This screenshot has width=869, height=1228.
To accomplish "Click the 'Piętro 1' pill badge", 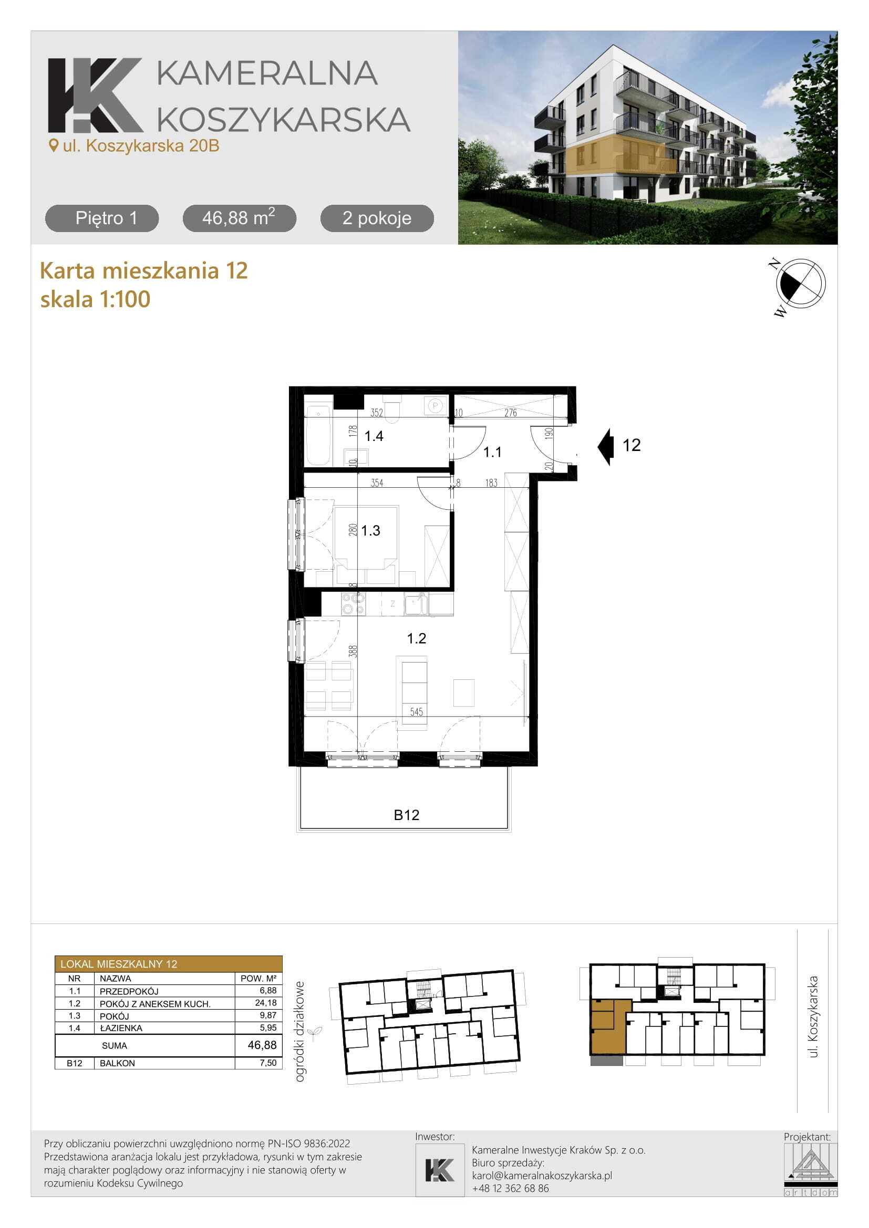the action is [102, 218].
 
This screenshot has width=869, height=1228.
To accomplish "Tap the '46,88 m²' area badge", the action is [239, 218].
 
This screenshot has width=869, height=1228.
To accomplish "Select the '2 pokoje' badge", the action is [377, 218].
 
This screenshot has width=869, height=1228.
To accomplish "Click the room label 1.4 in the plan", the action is [374, 436].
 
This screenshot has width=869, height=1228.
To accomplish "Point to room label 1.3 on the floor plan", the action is [370, 531].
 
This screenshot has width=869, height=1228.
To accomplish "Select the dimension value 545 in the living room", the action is [416, 712].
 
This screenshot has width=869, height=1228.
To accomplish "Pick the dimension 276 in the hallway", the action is [511, 412].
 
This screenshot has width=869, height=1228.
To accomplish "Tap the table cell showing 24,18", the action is [266, 1003].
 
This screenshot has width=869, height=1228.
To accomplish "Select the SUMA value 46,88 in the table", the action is [262, 1045].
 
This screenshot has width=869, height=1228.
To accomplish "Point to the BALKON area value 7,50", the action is [268, 1063].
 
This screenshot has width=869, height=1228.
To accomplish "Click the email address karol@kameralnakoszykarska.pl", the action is [542, 1175].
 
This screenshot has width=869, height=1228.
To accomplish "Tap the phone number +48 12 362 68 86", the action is [511, 1188].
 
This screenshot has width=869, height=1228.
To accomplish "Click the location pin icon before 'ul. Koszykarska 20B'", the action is [53, 145].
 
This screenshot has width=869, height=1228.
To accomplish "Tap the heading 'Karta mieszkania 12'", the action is [144, 270].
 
